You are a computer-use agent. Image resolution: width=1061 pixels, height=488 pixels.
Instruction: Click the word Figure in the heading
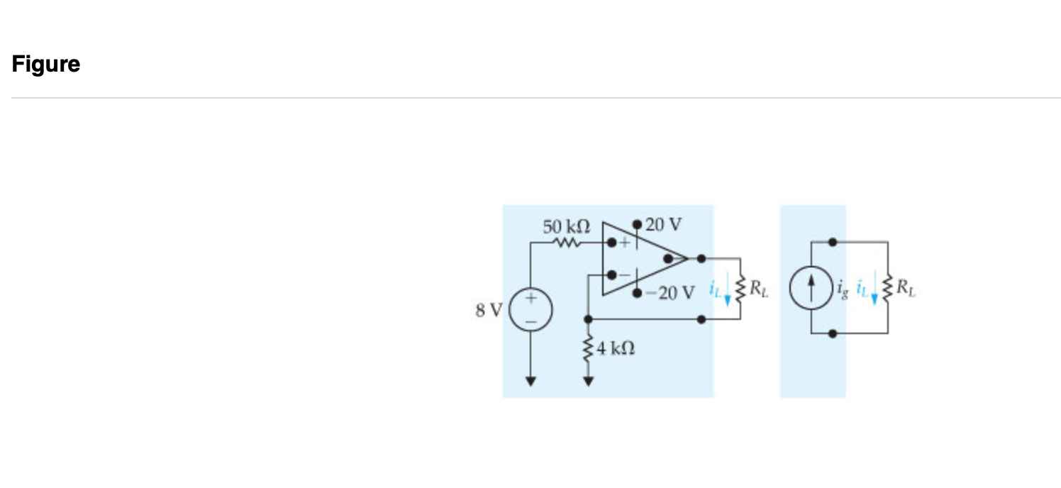[x=46, y=65]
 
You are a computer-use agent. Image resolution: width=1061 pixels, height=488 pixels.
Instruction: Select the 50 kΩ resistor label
[x=566, y=227]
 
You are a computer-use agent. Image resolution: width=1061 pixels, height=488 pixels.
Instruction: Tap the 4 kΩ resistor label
[x=615, y=348]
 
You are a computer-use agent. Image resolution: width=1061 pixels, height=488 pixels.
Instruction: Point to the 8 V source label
[x=489, y=310]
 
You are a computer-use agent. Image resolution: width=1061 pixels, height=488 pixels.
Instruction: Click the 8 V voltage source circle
[x=530, y=311]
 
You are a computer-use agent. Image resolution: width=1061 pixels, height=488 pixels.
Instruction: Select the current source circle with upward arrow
[x=810, y=288]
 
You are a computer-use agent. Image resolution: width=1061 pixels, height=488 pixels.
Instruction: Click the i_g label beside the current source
[x=841, y=289]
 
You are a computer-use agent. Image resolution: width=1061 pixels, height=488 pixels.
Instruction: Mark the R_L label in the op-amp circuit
[x=758, y=288]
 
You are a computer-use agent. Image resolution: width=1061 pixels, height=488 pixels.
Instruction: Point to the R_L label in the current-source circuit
[x=905, y=288]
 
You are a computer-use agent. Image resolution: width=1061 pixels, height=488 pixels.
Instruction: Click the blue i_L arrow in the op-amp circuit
[x=727, y=292]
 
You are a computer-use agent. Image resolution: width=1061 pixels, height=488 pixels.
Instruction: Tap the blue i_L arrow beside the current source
[x=874, y=291]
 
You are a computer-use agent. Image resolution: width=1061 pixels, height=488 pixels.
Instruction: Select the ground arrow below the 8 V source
[x=530, y=382]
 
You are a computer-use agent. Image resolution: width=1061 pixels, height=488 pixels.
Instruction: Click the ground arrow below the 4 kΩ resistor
[x=588, y=382]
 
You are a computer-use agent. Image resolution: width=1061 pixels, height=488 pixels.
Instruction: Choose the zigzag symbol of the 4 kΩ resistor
[x=588, y=348]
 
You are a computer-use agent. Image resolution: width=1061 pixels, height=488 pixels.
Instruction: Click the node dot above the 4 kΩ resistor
[x=588, y=320]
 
